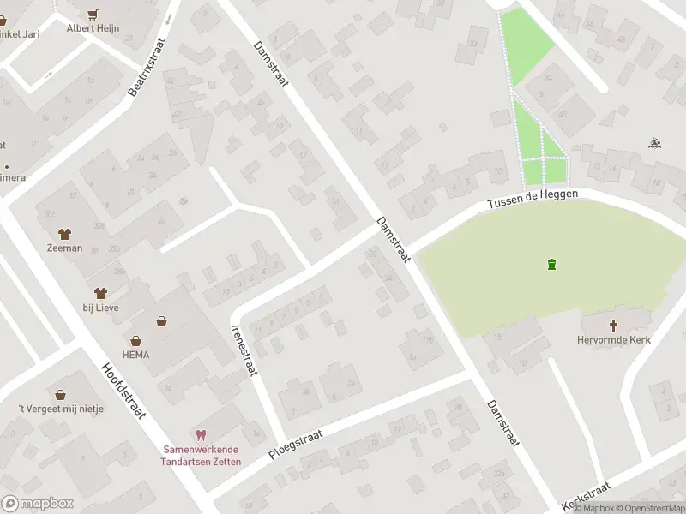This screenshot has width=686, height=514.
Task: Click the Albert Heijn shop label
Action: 93,28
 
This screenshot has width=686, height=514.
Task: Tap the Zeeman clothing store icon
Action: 65,233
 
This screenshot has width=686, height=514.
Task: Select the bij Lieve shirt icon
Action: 101,293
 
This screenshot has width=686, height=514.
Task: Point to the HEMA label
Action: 135,354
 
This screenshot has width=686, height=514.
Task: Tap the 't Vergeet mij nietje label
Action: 61,409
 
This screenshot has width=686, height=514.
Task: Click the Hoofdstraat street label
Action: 124,390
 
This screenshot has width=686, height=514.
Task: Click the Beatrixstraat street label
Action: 146,64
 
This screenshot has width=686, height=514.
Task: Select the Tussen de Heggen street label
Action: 533,200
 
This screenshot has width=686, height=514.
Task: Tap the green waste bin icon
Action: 551,263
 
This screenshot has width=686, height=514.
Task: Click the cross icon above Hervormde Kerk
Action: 613,326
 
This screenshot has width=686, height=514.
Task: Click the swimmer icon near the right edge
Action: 654,143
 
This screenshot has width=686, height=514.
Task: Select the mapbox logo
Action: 36,504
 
